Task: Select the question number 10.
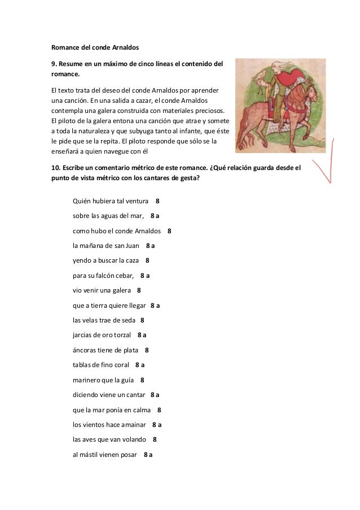[x=56, y=168]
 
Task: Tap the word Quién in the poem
[x=84, y=200]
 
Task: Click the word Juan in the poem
[x=132, y=246]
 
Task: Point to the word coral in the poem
[x=120, y=365]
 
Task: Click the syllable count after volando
[x=155, y=439]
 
